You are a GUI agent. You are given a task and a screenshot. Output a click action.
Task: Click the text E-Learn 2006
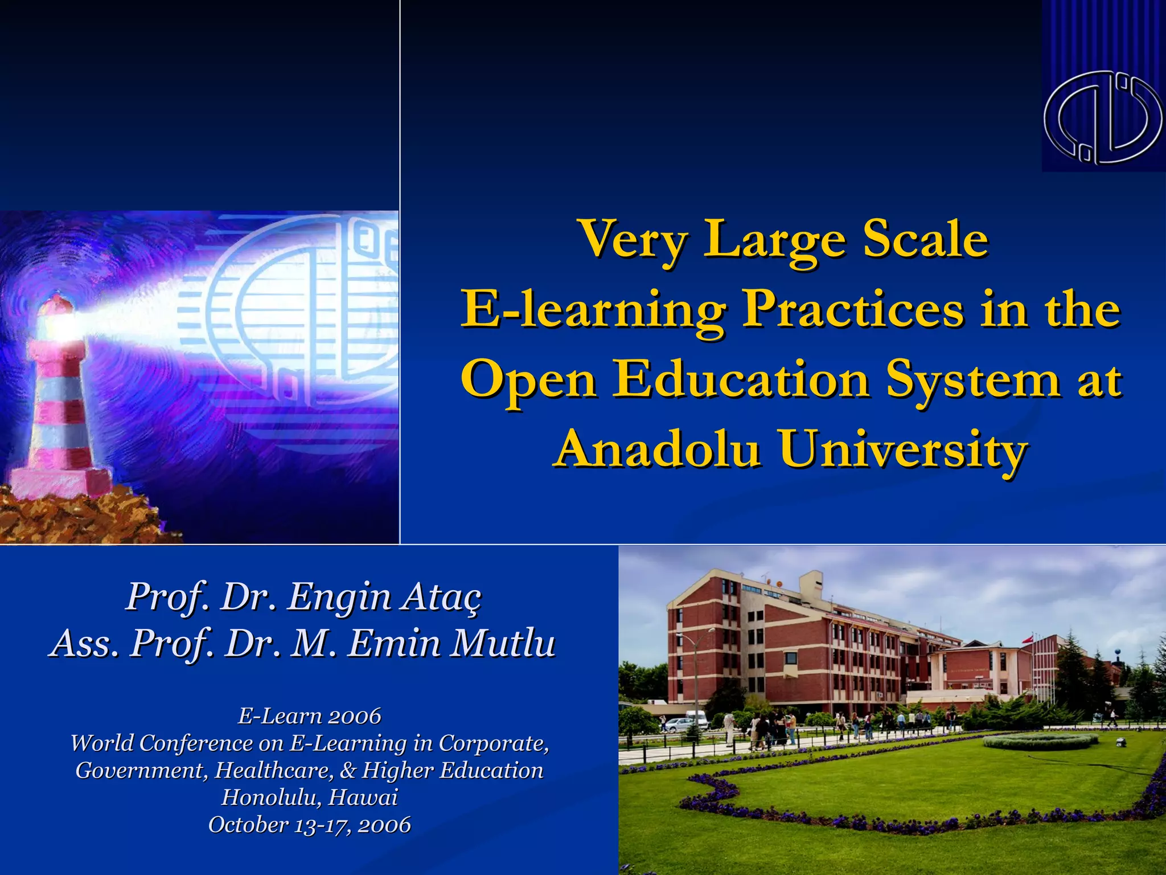click(309, 716)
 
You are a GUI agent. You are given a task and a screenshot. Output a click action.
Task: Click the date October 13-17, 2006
click(309, 824)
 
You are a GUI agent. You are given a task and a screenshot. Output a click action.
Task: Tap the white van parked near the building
click(696, 719)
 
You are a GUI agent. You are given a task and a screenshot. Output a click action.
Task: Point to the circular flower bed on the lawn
click(1040, 741)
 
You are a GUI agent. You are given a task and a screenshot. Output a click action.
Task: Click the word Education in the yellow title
click(740, 380)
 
